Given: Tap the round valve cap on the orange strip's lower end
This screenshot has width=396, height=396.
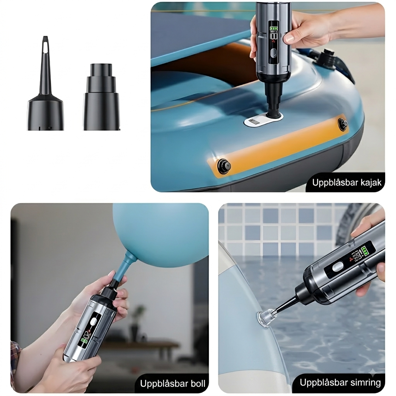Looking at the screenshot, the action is [224, 166].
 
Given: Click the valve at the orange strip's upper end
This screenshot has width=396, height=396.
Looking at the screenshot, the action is [343, 124].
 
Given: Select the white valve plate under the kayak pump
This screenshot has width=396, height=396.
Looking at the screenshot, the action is [263, 121].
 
